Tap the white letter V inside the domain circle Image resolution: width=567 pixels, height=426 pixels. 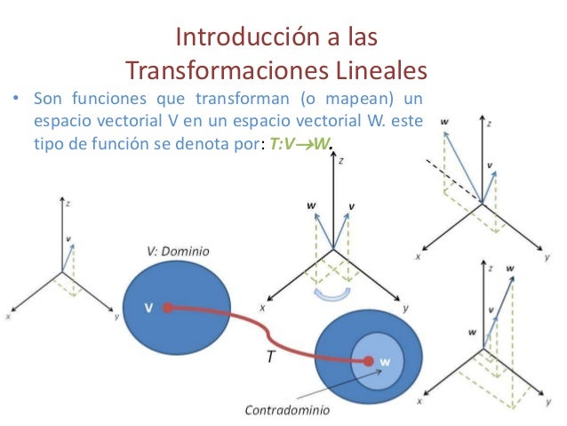click(149, 308)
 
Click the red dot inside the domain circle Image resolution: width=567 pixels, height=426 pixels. click(166, 309)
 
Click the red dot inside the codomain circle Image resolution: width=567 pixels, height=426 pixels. click(368, 361)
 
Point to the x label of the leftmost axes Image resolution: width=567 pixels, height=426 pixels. click(8, 314)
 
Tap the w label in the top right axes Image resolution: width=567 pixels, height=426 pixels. click(443, 120)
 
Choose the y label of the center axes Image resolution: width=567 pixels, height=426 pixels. click(405, 308)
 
